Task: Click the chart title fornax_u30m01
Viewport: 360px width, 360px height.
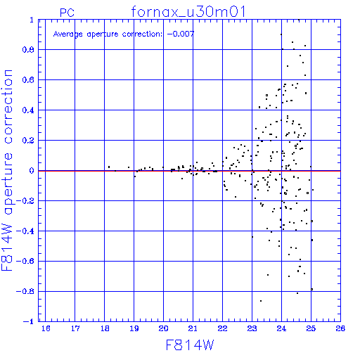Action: [188, 12]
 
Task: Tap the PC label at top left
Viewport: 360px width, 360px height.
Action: [67, 13]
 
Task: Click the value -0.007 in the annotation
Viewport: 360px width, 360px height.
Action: [181, 34]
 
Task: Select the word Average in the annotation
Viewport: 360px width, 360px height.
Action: [68, 34]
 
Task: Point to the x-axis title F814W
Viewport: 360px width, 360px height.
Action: [190, 345]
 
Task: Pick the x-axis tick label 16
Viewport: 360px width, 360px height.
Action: [46, 328]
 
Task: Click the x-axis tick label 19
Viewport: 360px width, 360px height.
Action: [134, 328]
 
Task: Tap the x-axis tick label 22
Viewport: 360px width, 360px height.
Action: [222, 328]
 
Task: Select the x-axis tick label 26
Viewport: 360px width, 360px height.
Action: [340, 328]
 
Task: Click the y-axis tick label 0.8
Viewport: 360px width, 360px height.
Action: [28, 50]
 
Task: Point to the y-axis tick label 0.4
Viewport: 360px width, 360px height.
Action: [28, 110]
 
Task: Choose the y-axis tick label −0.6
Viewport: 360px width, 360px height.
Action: [25, 261]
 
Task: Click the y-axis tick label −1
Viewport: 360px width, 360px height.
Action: [29, 321]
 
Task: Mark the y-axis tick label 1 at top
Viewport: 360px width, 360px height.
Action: [32, 20]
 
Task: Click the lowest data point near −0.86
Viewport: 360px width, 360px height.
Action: [261, 301]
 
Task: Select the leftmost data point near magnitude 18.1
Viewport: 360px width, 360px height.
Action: [109, 167]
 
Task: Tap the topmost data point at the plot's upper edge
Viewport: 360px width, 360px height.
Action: [299, 20]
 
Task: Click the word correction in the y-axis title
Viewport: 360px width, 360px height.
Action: [8, 107]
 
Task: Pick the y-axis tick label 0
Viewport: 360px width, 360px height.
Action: [32, 171]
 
